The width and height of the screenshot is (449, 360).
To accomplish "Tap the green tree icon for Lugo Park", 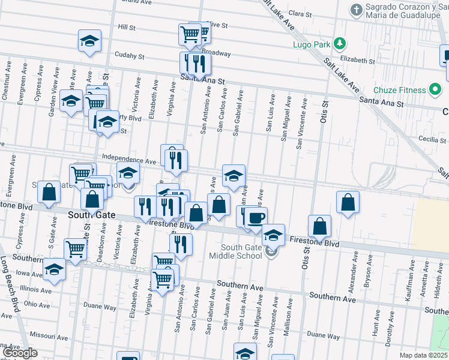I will point(340,43).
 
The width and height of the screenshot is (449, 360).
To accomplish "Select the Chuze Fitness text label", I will point(399,90).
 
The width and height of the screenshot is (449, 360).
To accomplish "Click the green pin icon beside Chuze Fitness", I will point(436,90).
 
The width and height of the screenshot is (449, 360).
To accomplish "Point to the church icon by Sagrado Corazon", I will point(356,10).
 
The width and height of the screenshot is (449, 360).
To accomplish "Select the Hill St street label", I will point(127,27).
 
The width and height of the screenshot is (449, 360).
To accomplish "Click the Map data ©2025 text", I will point(422,355).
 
